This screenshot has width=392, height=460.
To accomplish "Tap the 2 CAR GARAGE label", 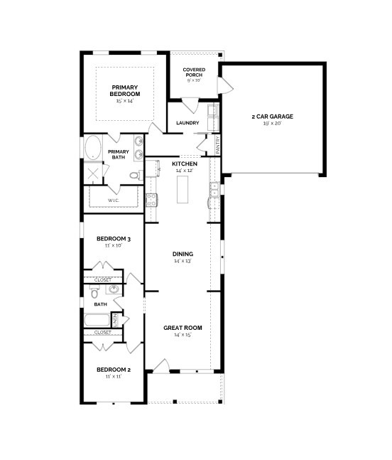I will (x=272, y=116).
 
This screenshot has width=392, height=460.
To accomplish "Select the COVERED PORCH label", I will (x=194, y=72).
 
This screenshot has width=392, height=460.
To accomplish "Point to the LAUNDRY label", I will (x=187, y=123).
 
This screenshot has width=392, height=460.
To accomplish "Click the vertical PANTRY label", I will (x=218, y=144).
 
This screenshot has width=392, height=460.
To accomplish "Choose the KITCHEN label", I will (x=183, y=164).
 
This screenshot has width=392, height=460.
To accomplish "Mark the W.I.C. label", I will (x=113, y=200).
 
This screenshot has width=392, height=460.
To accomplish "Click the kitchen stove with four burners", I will (x=151, y=200).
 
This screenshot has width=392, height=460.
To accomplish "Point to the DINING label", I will (x=183, y=254).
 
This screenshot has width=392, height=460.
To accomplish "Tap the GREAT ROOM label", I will (x=183, y=328).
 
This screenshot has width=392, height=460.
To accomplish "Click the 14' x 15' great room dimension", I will (x=183, y=335).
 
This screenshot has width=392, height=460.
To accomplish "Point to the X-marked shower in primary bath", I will (x=93, y=173).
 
